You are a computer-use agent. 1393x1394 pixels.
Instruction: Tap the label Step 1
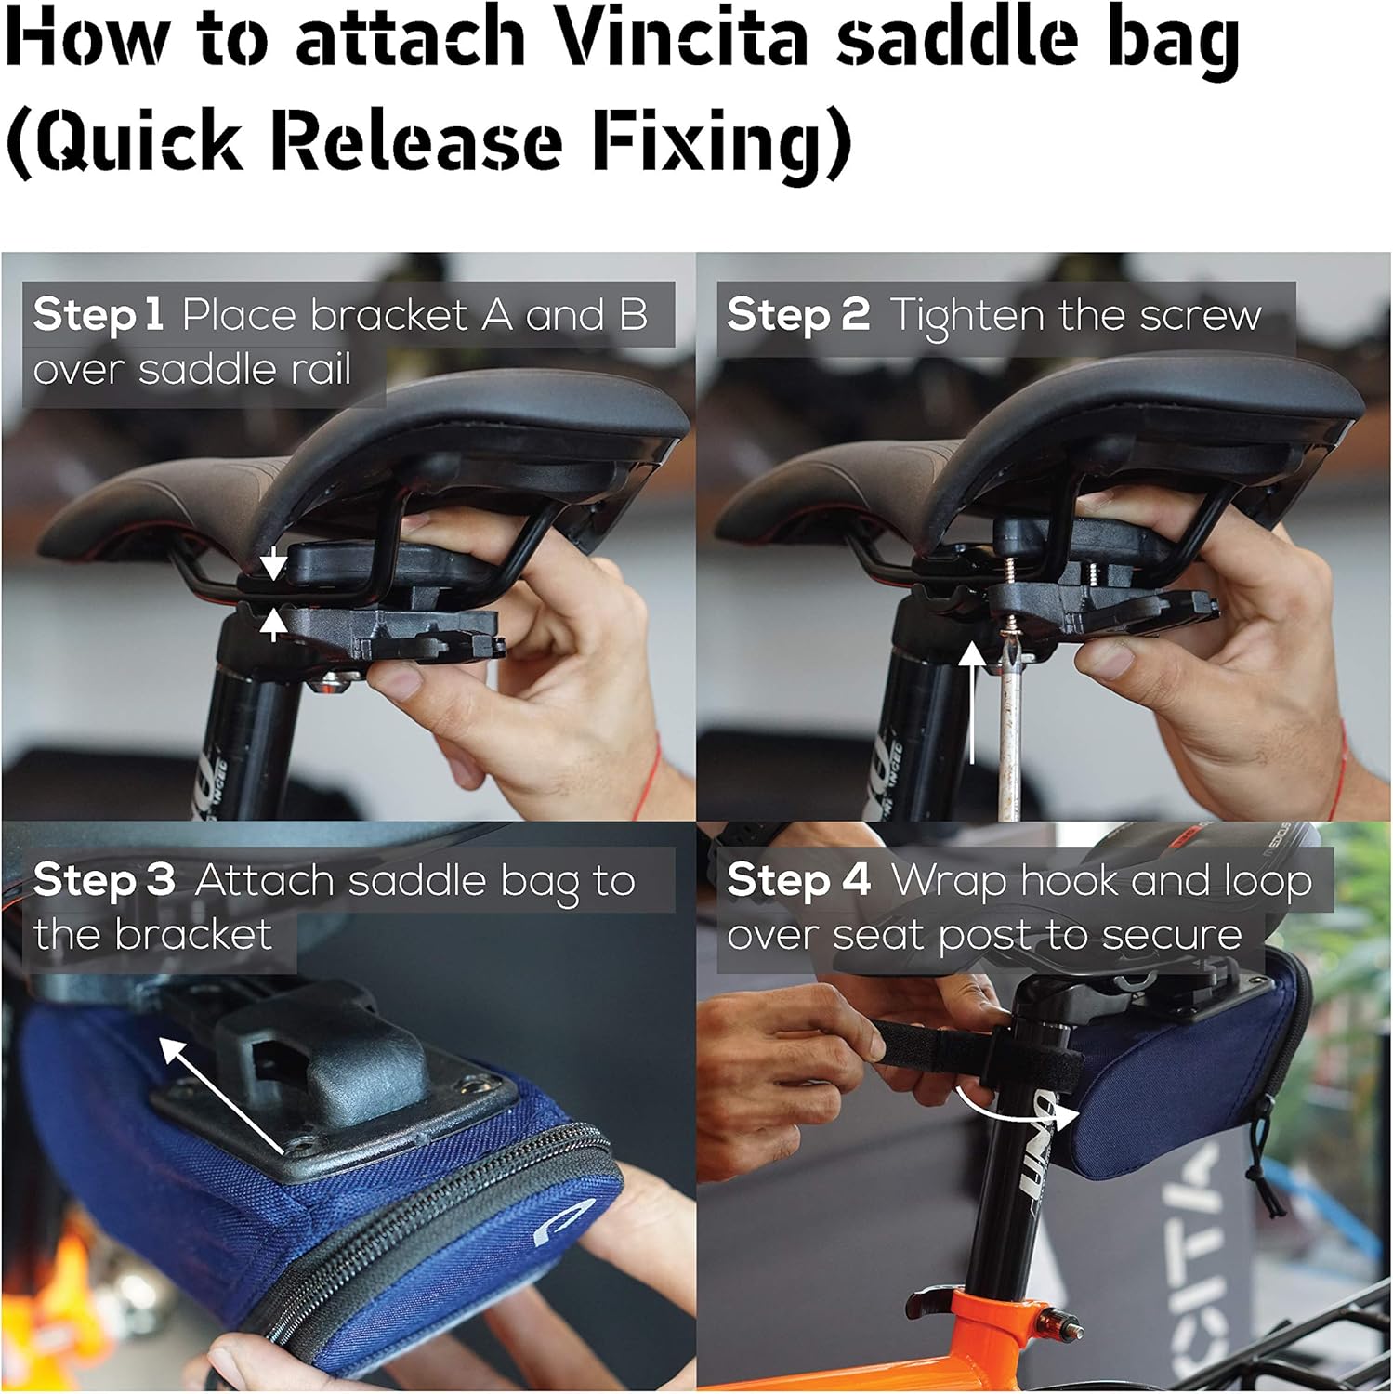click(x=99, y=315)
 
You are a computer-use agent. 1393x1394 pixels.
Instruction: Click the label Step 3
click(x=104, y=880)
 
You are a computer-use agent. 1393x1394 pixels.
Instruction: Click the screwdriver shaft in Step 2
click(x=1009, y=734)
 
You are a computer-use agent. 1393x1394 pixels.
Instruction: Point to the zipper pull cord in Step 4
click(x=1265, y=1162)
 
